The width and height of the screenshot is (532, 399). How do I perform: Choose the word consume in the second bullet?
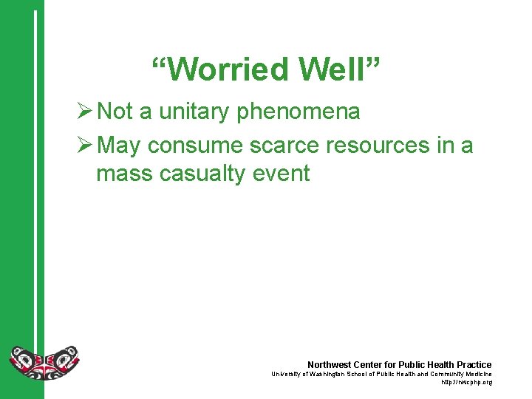coord(195,146)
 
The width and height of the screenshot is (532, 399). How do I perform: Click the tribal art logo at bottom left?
coord(44,362)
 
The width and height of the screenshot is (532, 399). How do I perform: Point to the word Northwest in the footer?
coord(329,365)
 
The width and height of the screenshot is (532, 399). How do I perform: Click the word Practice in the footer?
coord(474,365)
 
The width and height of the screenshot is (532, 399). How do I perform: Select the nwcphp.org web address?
coord(466,382)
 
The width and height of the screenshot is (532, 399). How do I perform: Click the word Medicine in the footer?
coord(475,374)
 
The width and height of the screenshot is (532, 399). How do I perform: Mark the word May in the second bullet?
coord(118,146)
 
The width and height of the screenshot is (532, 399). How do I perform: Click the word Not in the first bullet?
coord(115,112)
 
